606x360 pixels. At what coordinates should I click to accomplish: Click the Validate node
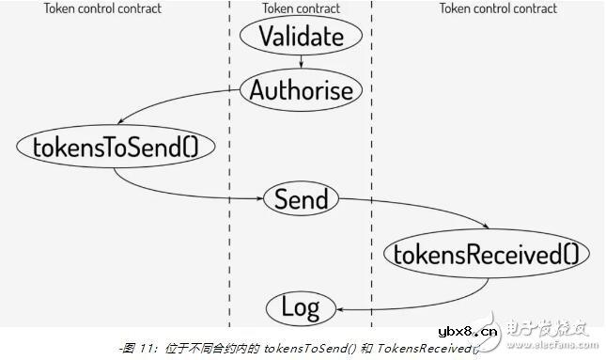point(301,37)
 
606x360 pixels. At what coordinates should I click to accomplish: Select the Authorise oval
point(301,90)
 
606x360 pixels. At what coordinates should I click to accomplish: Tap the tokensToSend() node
point(116,146)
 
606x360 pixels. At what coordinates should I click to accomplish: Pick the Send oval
point(301,199)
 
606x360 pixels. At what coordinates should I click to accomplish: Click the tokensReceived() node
point(486,253)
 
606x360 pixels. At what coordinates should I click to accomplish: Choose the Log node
point(301,307)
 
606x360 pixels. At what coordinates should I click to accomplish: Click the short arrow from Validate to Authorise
point(301,62)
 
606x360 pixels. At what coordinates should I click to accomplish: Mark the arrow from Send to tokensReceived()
point(423,211)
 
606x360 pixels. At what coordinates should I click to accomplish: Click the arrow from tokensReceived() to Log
point(413,296)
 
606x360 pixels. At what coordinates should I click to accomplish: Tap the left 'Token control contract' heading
point(102,8)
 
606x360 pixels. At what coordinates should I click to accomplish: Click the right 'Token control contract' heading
point(498,8)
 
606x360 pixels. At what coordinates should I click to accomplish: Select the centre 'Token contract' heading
point(301,8)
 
